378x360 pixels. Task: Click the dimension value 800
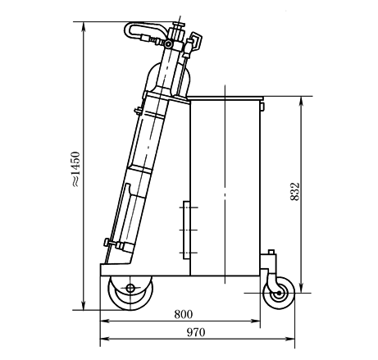[184, 314]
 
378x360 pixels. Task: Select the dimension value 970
[196, 332]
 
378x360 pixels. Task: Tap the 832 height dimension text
[295, 192]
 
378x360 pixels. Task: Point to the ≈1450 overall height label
[75, 169]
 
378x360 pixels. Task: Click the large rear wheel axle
[130, 288]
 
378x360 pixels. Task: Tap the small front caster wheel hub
[279, 294]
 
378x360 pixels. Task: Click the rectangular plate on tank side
[186, 230]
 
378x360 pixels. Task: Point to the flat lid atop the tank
[225, 98]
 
